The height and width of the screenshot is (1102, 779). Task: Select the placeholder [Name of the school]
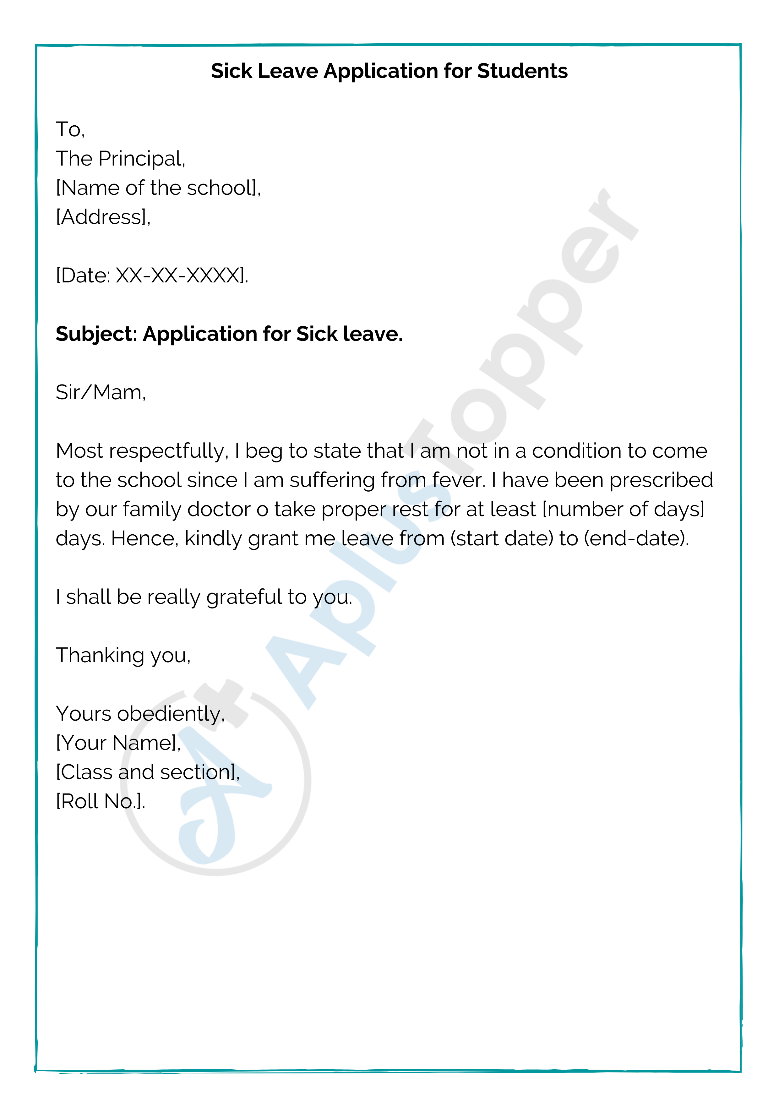158,188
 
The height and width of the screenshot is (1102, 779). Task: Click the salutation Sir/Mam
100,393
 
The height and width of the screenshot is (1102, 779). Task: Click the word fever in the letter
458,480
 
